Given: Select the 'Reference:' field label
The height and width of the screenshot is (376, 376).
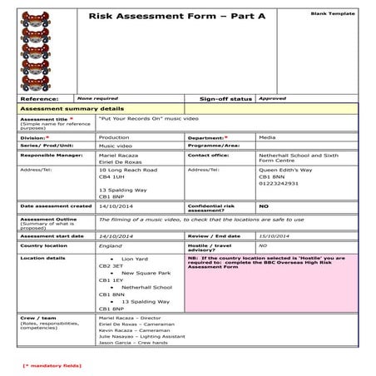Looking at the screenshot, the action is click(38, 98).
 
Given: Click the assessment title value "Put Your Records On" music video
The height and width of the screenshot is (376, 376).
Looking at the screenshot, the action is click(138, 119).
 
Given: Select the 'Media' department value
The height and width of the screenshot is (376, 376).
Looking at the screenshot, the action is click(267, 136).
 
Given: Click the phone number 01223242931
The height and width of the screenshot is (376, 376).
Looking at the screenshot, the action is click(278, 183).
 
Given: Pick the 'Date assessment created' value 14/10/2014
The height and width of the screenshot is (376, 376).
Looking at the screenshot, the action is click(115, 205).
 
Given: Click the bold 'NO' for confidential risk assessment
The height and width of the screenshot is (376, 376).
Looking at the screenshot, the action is click(264, 205).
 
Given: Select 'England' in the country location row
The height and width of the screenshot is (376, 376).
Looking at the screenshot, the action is click(110, 245).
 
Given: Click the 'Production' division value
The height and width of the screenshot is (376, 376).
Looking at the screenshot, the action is click(113, 136).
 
